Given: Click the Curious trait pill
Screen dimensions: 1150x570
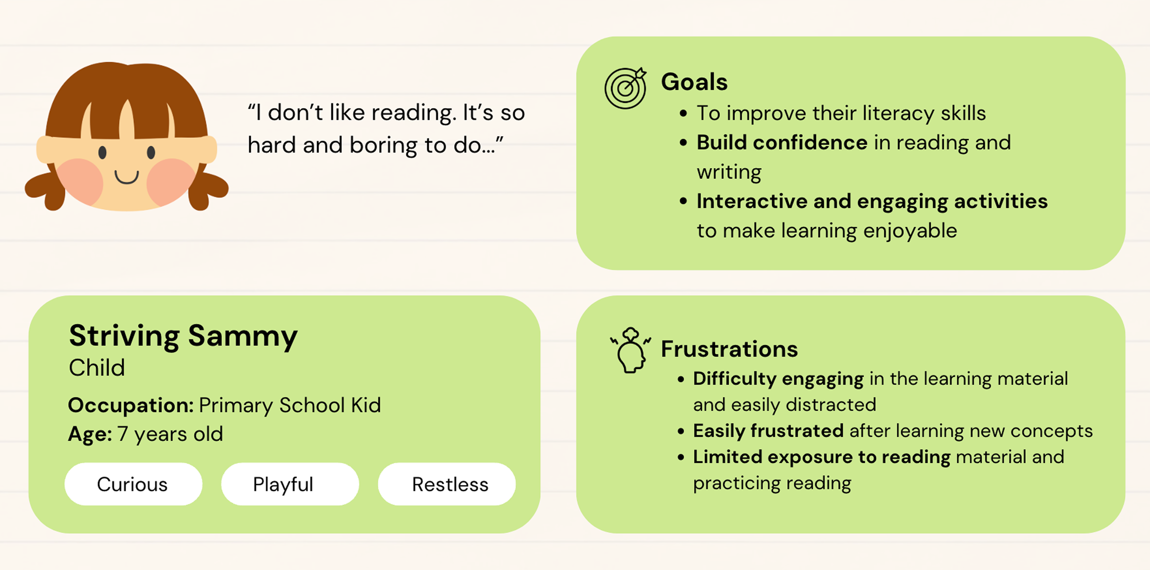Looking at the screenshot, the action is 133,484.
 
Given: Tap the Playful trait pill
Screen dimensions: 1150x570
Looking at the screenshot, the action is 290,484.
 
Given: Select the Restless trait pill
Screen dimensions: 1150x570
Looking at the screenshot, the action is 447,484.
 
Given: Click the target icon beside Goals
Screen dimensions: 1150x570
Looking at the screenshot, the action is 626,88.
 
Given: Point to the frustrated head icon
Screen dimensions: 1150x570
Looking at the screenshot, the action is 630,350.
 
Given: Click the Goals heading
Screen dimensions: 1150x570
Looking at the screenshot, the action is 694,82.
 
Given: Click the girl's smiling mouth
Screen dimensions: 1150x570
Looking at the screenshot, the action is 127,177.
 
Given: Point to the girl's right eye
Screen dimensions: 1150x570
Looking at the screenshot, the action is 151,152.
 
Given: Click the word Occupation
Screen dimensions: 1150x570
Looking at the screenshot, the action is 130,406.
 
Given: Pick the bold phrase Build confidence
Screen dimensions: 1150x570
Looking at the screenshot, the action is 782,143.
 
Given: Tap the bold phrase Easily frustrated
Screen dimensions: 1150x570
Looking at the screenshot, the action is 768,431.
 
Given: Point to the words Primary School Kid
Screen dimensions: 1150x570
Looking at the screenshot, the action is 290,406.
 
